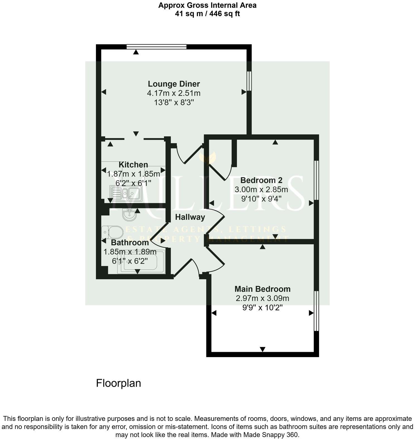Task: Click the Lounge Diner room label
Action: coord(174,84)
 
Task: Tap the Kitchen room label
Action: coord(133,165)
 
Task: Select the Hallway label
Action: coord(190,217)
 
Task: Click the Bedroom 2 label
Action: coord(261,180)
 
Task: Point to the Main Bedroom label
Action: coord(262,289)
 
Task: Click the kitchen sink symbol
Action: coord(126,193)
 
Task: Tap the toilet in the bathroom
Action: coord(113,231)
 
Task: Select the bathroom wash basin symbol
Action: coord(129,215)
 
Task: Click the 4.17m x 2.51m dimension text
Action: coord(174,93)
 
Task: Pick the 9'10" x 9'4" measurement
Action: coord(261,199)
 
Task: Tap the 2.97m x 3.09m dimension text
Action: coord(262,298)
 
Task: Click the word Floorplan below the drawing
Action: coord(119,383)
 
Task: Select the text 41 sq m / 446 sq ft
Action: coord(207,13)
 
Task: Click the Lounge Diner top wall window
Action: coord(156,47)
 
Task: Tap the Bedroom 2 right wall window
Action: coord(316,180)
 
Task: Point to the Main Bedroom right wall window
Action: coord(316,311)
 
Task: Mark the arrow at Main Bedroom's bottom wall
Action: coord(262,349)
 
